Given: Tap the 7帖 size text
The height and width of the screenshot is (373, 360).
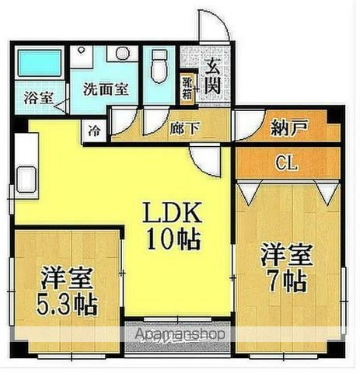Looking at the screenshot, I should coord(285,281).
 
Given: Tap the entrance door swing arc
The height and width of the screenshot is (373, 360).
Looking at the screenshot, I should coord(212,27).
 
